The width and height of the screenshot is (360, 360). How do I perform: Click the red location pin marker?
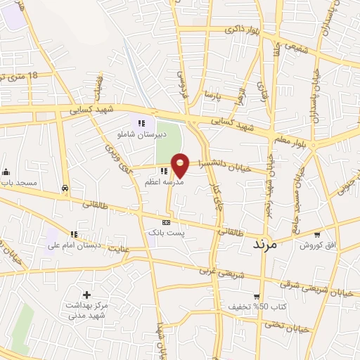pos(181,165)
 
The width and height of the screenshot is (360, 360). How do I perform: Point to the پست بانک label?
pos(165,231)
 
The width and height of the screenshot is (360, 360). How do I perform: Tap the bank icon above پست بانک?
pos(166,221)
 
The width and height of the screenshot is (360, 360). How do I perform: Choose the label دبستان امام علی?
pos(75,245)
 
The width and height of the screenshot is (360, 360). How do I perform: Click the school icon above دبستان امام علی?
pos(74,235)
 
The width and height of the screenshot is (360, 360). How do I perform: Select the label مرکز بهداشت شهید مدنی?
pos(86,312)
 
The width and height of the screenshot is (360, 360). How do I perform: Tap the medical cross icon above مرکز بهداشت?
pos(86,295)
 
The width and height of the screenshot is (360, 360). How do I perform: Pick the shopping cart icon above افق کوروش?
pos(317,235)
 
